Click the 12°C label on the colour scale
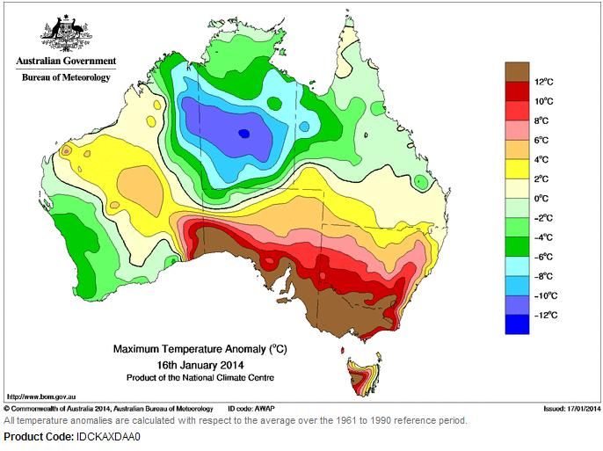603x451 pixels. pyautogui.click(x=544, y=82)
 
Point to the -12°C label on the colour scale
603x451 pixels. pyautogui.click(x=546, y=316)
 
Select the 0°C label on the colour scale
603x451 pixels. pyautogui.click(x=541, y=199)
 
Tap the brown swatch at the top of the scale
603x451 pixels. pyautogui.click(x=517, y=72)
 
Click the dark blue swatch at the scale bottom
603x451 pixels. pyautogui.click(x=517, y=324)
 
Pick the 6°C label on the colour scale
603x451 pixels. pyautogui.click(x=541, y=141)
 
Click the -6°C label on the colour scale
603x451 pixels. pyautogui.click(x=544, y=257)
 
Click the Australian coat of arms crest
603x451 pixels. pyautogui.click(x=66, y=33)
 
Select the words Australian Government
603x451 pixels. pyautogui.click(x=66, y=61)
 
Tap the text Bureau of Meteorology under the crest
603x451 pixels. pyautogui.click(x=66, y=77)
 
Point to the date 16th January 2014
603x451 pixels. pyautogui.click(x=200, y=365)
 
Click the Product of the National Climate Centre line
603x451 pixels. pyautogui.click(x=200, y=377)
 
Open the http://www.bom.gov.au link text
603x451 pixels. pyautogui.click(x=41, y=396)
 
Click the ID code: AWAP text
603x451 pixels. pyautogui.click(x=251, y=408)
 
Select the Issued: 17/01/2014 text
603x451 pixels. pyautogui.click(x=572, y=408)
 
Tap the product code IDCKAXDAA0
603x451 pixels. pyautogui.click(x=108, y=437)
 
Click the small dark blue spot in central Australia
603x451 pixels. pyautogui.click(x=244, y=134)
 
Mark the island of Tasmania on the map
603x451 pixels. pyautogui.click(x=363, y=375)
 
